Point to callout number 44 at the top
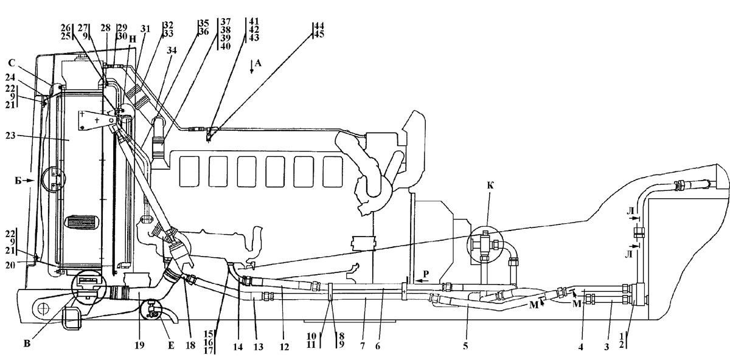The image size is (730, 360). tap(319, 26)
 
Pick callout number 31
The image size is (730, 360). tap(145, 29)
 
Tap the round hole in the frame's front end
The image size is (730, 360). tap(43, 309)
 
